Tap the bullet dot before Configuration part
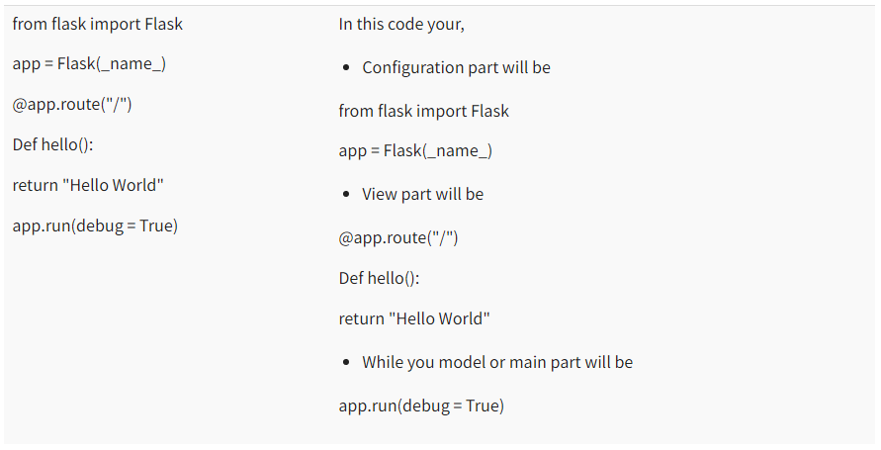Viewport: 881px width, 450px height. click(346, 69)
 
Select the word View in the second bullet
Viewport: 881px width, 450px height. click(380, 195)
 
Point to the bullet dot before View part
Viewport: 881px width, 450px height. click(346, 196)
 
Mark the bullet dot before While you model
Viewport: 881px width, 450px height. click(346, 364)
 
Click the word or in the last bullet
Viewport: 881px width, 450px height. click(499, 363)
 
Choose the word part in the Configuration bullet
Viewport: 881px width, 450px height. click(488, 68)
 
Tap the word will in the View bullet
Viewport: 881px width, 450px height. click(450, 195)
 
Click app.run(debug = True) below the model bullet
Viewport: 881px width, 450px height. click(421, 406)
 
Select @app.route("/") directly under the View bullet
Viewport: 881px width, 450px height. click(398, 238)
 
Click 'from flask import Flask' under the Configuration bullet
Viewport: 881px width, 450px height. click(423, 111)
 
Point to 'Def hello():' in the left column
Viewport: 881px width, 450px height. click(53, 145)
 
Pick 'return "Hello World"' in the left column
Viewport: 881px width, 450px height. click(88, 186)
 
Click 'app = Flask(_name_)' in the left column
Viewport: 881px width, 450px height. click(89, 64)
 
